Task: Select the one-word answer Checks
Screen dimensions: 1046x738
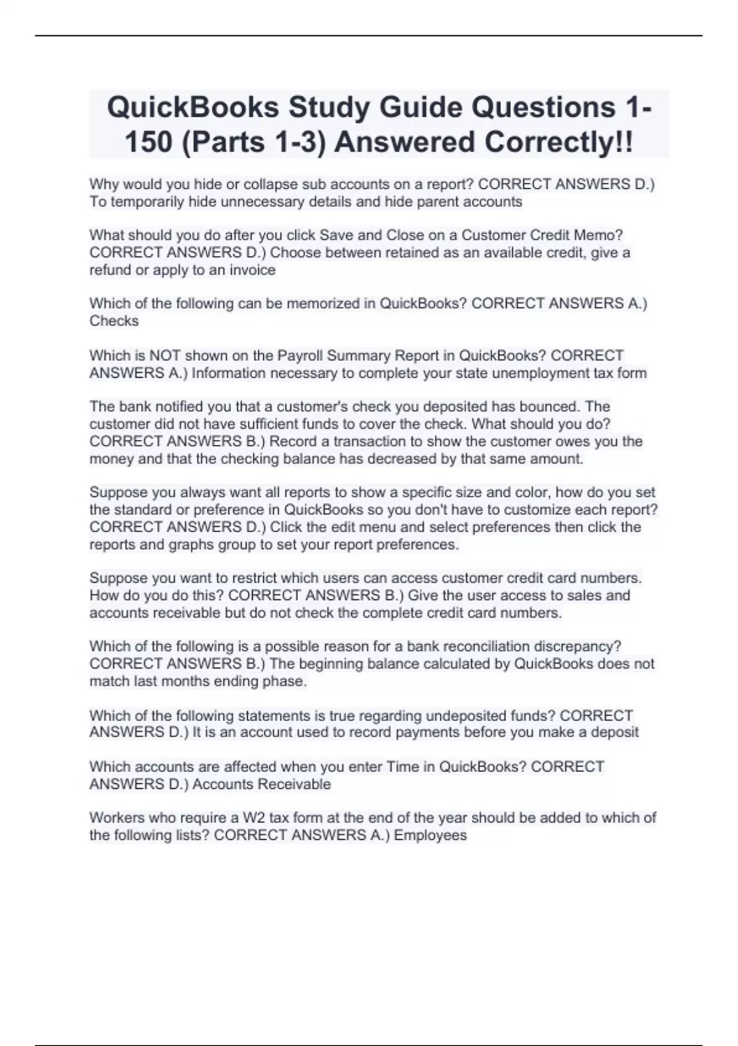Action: click(x=114, y=321)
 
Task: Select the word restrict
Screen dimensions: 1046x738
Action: click(x=236, y=578)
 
